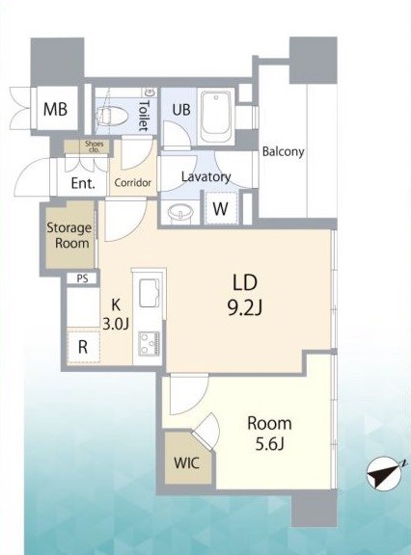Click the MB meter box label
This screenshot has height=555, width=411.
[55, 109]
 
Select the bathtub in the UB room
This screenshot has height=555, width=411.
[216, 117]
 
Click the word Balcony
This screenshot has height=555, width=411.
[283, 151]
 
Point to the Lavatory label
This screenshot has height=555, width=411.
[205, 177]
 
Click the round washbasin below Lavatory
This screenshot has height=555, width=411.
[180, 213]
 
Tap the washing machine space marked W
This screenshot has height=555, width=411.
[220, 209]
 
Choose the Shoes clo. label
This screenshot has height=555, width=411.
[95, 146]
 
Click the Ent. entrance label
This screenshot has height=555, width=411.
[83, 183]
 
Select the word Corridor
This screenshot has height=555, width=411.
[133, 183]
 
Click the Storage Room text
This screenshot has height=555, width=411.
[69, 235]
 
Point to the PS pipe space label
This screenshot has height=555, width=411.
[82, 278]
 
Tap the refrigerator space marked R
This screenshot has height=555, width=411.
[83, 347]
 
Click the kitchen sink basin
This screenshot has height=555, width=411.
[149, 293]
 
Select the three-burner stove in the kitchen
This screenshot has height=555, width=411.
[149, 343]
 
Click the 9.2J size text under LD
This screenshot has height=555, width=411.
[245, 309]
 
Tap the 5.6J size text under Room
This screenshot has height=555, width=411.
[269, 444]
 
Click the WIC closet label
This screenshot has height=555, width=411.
[187, 462]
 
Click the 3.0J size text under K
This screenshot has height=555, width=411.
[116, 324]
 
